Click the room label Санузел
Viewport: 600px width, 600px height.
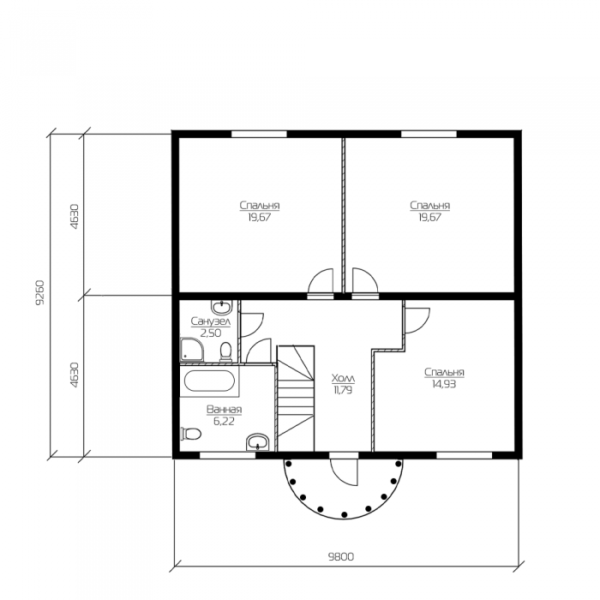pos(211,321)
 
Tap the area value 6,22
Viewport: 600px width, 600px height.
pos(224,422)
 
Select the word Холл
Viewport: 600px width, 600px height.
pos(343,379)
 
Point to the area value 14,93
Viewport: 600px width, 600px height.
pos(444,384)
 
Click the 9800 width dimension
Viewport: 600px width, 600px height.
pos(341,556)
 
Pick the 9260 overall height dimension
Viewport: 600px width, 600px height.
pos(40,292)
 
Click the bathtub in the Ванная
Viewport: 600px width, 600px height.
pos(208,381)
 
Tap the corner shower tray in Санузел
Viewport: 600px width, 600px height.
pos(192,349)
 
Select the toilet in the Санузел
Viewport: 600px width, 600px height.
pos(225,351)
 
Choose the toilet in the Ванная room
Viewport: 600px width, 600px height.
pos(191,434)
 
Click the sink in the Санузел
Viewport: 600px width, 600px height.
pos(221,307)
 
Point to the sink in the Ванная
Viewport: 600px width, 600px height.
pos(258,442)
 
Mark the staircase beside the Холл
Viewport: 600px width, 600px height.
pos(296,399)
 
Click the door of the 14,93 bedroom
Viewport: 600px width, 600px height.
pos(418,321)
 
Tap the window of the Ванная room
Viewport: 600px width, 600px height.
pos(228,455)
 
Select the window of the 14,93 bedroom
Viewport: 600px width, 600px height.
pos(465,455)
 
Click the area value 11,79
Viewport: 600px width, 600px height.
pos(343,390)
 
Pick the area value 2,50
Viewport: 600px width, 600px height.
pos(211,333)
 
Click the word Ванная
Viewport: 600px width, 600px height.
pos(225,410)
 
